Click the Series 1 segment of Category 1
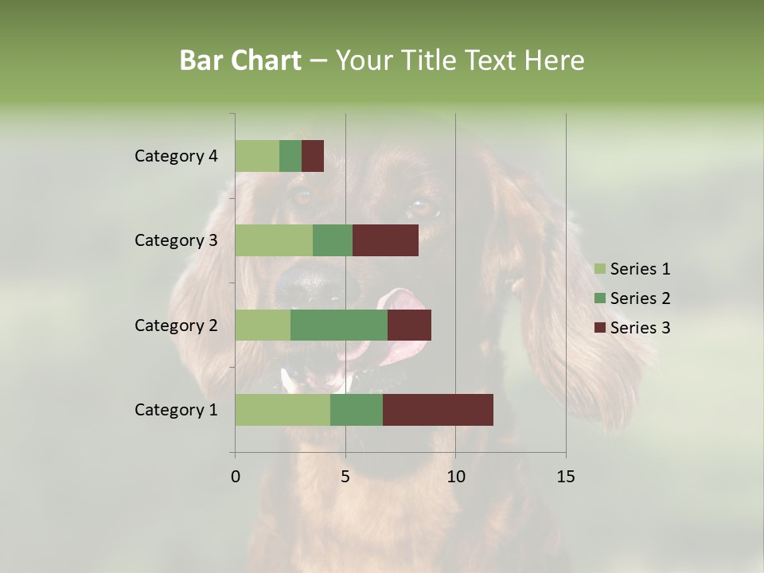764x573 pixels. point(283,410)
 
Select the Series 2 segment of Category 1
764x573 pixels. point(357,410)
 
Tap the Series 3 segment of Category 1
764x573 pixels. point(438,410)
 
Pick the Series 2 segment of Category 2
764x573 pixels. point(339,325)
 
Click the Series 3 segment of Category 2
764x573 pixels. point(409,325)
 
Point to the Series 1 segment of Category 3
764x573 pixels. point(274,240)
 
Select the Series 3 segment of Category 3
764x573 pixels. point(385,240)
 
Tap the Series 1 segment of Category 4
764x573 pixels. point(257,156)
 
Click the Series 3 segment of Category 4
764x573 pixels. point(313,156)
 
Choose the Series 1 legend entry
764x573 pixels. point(632,269)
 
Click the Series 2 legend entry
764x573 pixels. point(632,298)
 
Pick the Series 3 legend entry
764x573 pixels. point(632,328)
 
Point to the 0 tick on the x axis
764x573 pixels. point(236,477)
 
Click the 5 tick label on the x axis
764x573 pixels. point(345,477)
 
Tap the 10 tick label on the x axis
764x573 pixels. point(455,477)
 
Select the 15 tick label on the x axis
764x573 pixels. point(565,477)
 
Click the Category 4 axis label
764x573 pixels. point(176,156)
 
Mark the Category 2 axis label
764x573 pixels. point(176,325)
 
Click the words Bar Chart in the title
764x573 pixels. point(240,60)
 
